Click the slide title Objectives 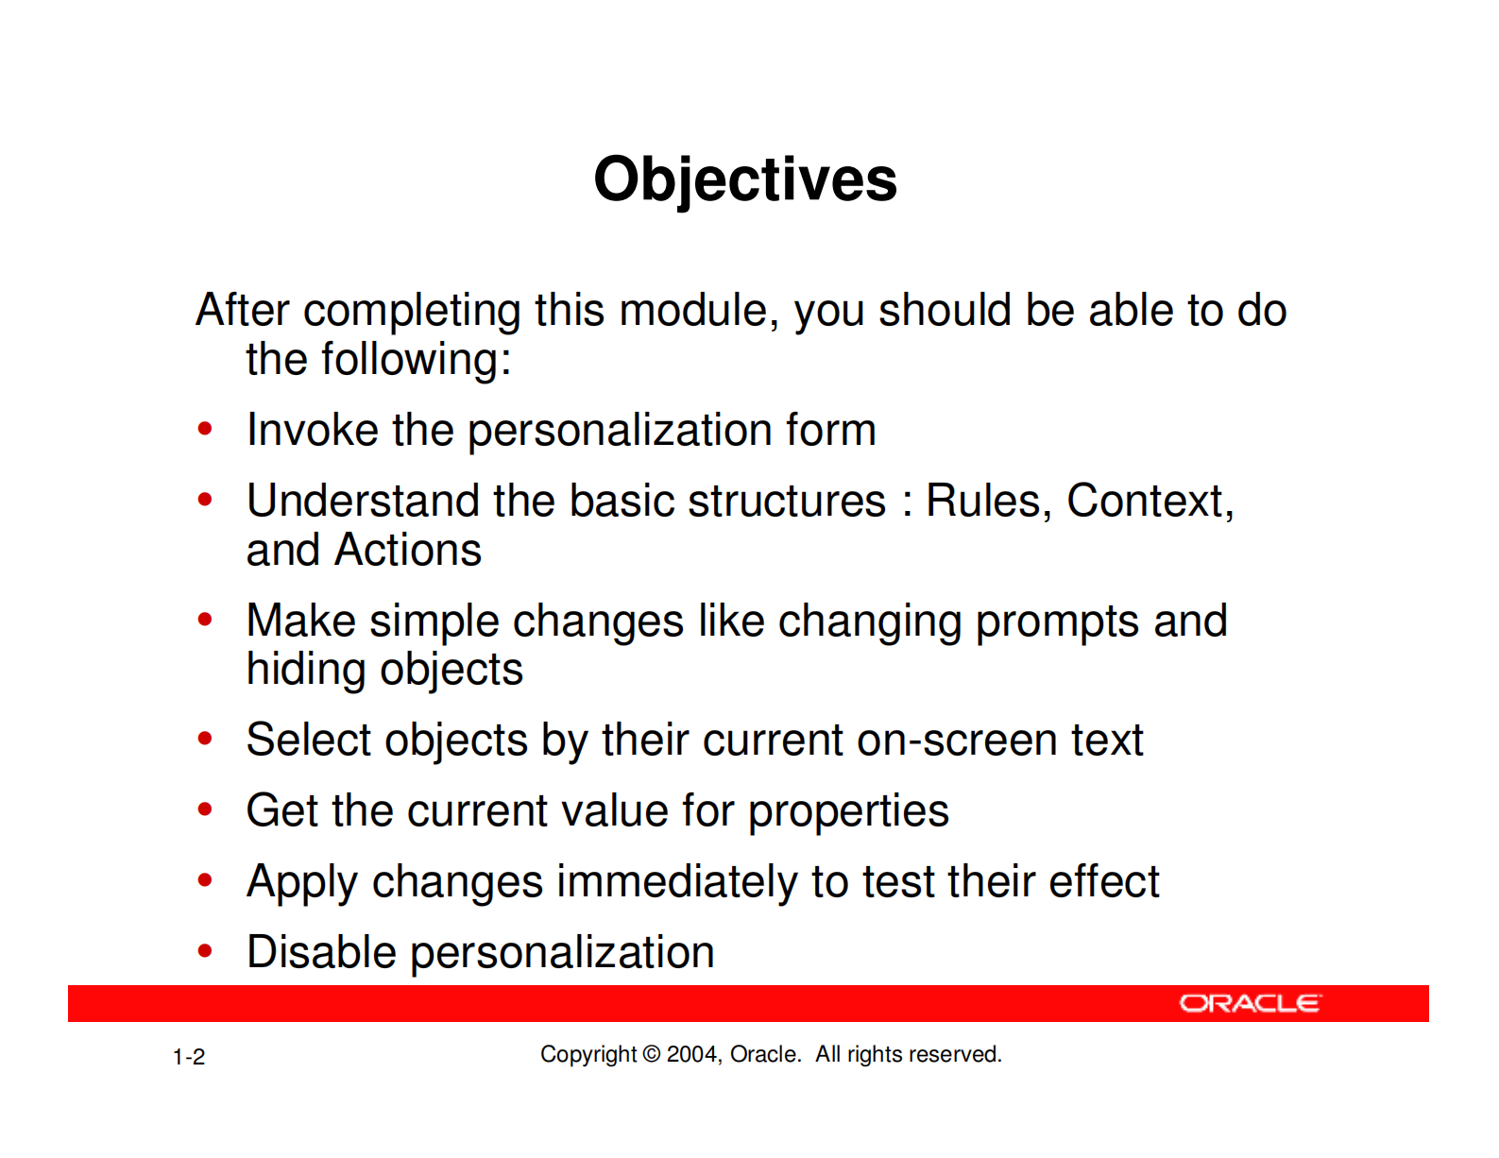745,180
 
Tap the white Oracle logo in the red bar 1250,1003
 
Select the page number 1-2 188,1057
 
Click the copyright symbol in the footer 651,1054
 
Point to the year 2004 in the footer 692,1054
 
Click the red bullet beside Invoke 205,429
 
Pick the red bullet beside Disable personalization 205,951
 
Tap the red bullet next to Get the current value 205,809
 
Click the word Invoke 313,430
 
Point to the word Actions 408,550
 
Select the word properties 848,811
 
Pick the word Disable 321,952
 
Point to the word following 417,361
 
